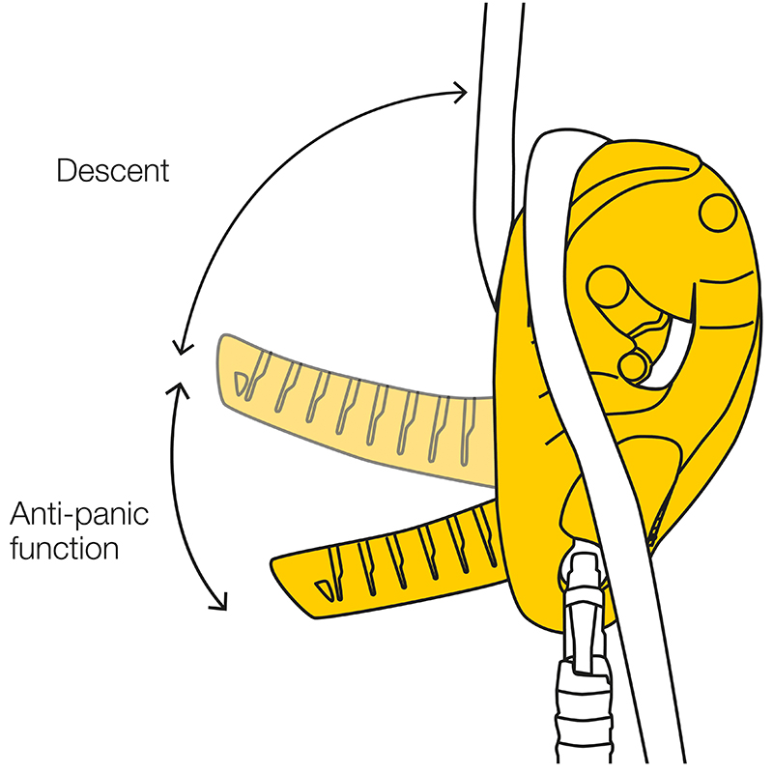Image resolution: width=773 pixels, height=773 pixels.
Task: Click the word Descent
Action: click(x=113, y=172)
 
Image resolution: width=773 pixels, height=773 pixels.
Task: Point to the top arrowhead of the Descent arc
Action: click(x=461, y=92)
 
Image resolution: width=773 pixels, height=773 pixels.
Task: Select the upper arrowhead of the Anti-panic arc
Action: click(x=178, y=386)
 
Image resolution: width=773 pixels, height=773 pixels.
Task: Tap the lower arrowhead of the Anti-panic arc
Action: click(x=220, y=603)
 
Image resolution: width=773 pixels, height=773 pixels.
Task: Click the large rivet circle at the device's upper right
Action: click(x=718, y=213)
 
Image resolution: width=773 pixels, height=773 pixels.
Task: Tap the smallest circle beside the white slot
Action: click(x=634, y=366)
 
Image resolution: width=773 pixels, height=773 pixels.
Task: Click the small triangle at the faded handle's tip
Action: click(x=248, y=385)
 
